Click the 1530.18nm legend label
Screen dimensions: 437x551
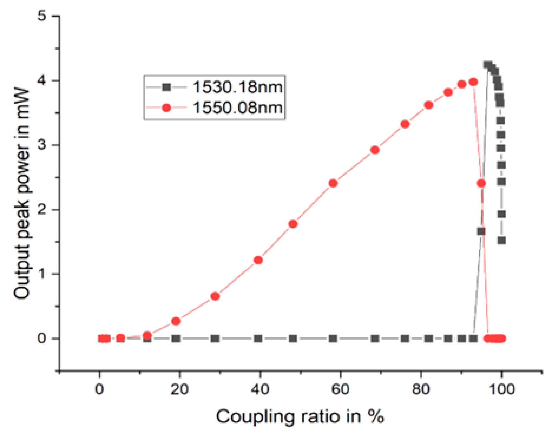[x=237, y=87]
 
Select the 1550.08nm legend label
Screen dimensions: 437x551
[x=237, y=107]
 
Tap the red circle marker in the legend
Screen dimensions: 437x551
[x=166, y=108]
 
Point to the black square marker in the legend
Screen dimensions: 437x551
[x=166, y=87]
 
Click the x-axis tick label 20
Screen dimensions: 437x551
[x=179, y=389]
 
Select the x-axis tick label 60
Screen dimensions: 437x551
[x=340, y=389]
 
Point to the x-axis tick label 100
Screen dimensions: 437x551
[x=502, y=389]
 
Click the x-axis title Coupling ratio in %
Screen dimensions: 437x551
[x=300, y=417]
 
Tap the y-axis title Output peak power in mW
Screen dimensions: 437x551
[x=22, y=193]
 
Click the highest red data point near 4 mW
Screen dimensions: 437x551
[x=473, y=82]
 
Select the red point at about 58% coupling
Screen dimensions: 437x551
[x=333, y=183]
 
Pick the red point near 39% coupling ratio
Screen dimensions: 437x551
[x=258, y=260]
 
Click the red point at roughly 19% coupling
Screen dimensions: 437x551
[x=176, y=321]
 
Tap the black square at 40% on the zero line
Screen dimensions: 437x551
[x=258, y=338]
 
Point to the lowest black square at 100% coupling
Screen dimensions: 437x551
[x=502, y=240]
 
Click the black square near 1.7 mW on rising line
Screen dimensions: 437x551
[x=481, y=231]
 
